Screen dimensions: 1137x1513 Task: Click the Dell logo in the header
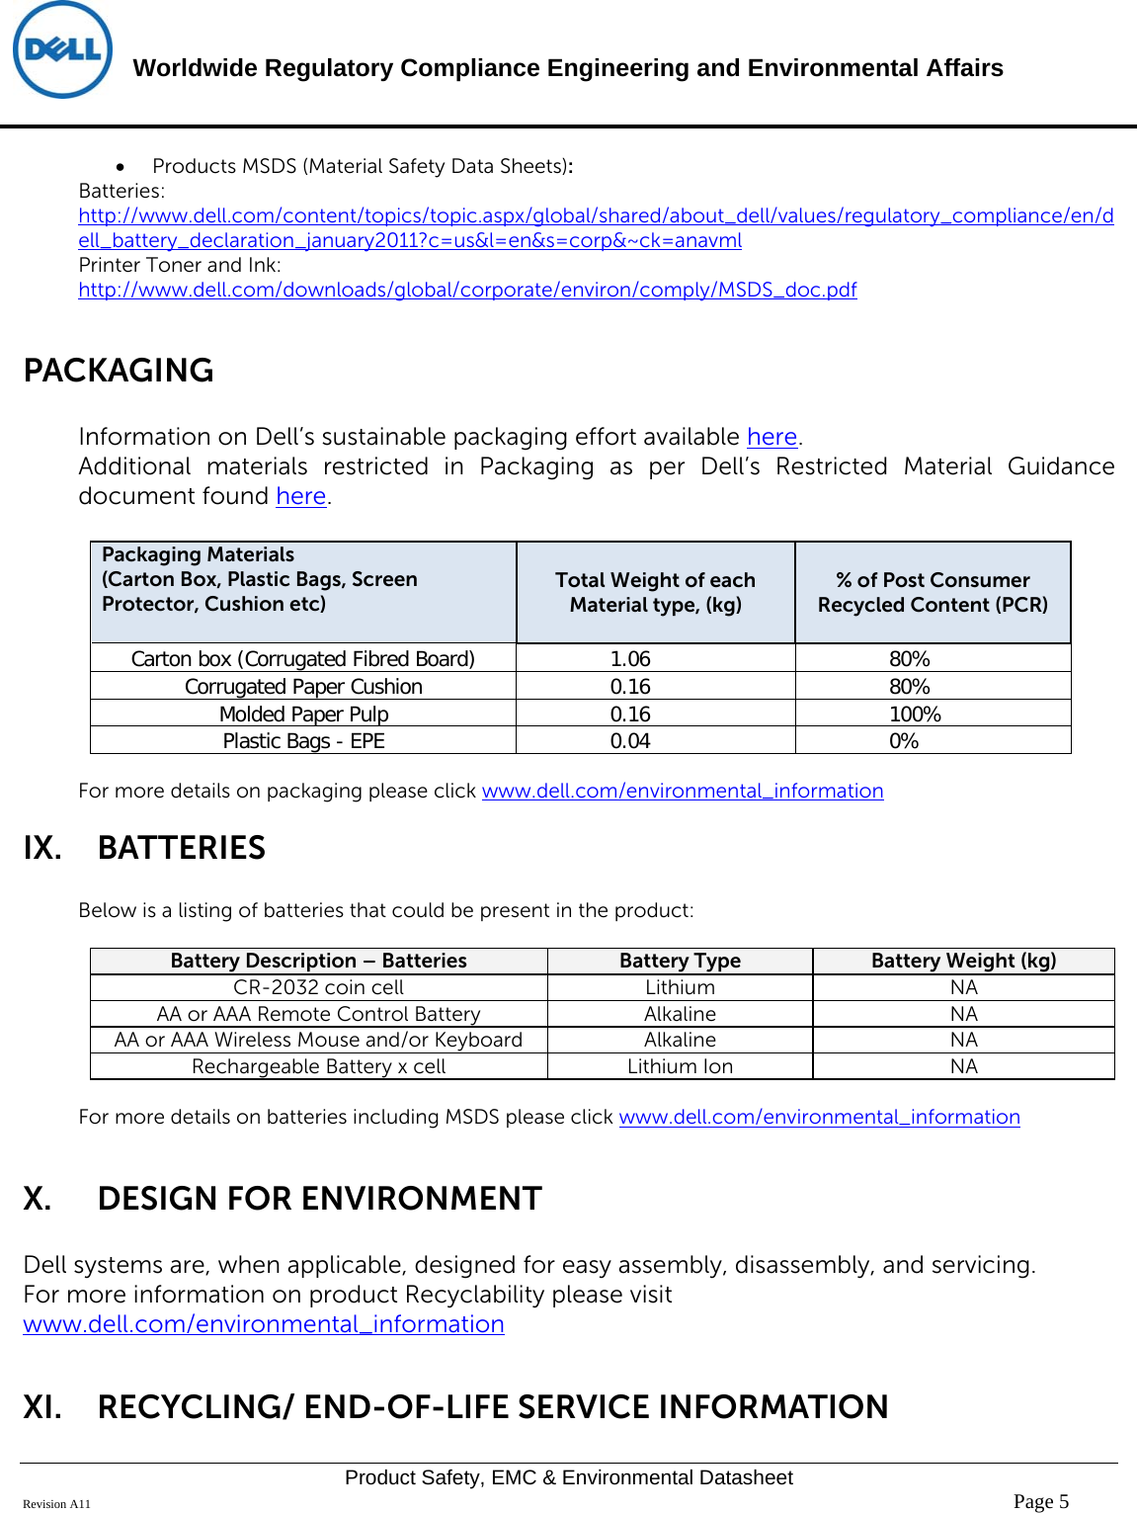pos(62,50)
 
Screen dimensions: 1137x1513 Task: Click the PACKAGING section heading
pos(119,371)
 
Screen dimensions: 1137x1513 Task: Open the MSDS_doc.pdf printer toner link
pos(467,290)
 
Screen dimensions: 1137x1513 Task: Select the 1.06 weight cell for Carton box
pos(630,659)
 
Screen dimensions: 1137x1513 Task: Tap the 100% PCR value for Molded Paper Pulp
pos(915,714)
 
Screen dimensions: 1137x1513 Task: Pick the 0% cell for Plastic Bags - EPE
pos(904,741)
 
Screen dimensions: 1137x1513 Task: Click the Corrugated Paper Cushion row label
pos(303,687)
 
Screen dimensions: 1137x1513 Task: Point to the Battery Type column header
pos(680,961)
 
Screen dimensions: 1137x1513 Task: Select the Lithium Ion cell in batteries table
pos(680,1066)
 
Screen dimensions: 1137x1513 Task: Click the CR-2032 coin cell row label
pos(318,987)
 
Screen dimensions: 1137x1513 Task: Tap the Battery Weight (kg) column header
pos(963,961)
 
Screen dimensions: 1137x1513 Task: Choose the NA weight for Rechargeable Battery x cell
pos(963,1066)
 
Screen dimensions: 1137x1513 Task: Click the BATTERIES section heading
pos(182,848)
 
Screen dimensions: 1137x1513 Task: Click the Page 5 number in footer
pos(1041,1501)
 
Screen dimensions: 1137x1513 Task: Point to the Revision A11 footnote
pos(56,1504)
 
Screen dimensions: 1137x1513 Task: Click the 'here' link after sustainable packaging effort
pos(772,437)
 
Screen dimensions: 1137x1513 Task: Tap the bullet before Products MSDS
pos(120,167)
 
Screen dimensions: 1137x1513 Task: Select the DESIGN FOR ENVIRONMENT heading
pos(319,1199)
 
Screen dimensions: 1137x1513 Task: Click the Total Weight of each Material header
pos(655,592)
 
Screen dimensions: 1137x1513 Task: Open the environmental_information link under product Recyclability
pos(264,1324)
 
